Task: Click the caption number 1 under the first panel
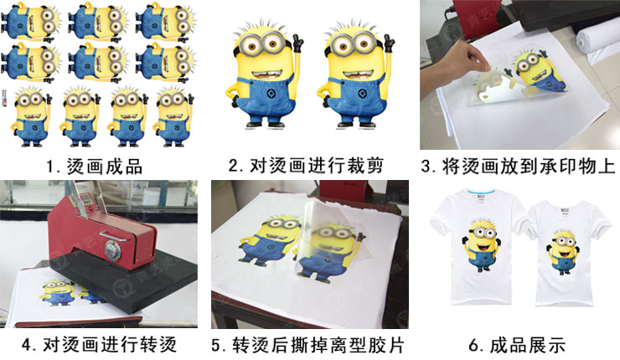50,167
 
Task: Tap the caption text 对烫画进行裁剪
317,166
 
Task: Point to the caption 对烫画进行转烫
110,345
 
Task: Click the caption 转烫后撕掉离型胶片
318,345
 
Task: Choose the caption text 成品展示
528,345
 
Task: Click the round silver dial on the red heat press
113,250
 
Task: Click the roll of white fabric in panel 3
597,44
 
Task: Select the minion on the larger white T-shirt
480,244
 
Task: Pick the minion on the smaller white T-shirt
563,252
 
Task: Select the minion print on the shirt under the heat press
57,293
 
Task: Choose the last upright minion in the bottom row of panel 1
173,117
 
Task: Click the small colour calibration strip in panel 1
5,99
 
